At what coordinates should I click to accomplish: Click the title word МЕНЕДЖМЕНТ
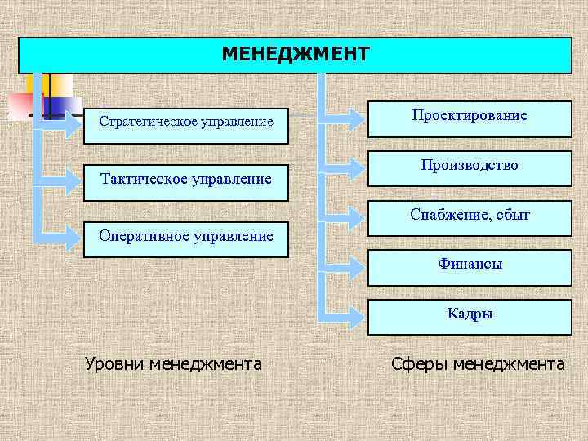(295, 54)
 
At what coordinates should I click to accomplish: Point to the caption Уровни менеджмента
(173, 363)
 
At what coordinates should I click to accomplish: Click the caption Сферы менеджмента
(478, 363)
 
